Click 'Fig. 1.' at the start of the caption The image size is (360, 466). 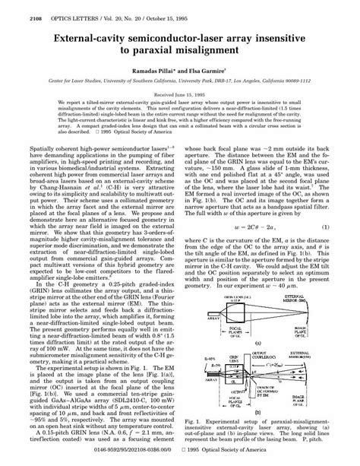click(196, 417)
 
